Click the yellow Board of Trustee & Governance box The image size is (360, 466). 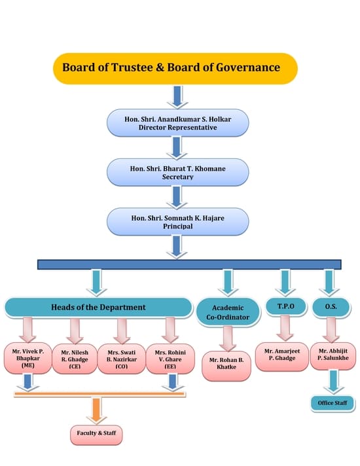point(175,68)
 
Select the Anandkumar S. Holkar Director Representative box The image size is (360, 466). point(178,123)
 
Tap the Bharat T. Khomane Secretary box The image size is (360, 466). point(178,172)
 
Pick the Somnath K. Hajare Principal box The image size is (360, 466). point(178,222)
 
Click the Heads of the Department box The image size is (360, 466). point(98,308)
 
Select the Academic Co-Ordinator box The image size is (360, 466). point(228,312)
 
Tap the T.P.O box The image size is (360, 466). point(285,306)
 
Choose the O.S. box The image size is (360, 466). point(331,307)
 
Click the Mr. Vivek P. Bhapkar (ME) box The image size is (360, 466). point(28,358)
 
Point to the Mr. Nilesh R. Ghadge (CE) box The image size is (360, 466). point(75,359)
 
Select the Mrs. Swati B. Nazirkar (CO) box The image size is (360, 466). point(122,359)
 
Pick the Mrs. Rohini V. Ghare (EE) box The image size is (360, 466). point(170,359)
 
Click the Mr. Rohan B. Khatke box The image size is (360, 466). point(226,366)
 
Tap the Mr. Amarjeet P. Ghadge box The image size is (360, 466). point(282,357)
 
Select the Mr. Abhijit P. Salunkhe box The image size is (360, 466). point(333,356)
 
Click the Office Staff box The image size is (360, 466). point(333,403)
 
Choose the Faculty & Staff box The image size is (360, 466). point(96,435)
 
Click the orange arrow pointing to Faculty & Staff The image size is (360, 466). point(96,411)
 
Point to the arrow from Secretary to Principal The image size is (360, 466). point(177,198)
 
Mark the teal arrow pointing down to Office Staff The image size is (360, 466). point(334,382)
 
